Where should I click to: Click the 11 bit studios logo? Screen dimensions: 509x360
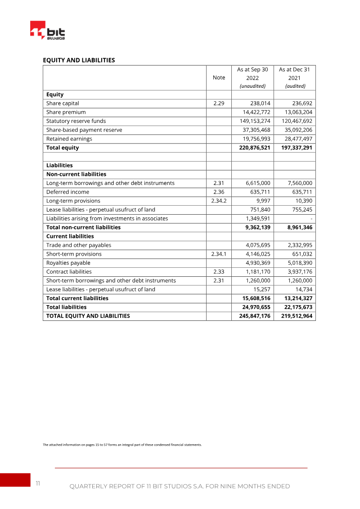(x=47, y=31)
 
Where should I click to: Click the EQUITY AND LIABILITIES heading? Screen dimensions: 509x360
(x=79, y=60)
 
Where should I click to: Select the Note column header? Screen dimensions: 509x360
(x=219, y=77)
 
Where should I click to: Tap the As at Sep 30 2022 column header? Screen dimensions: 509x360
(x=252, y=77)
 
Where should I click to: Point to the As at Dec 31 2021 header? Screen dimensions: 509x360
(x=294, y=77)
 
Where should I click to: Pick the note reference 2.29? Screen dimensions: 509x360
(x=219, y=103)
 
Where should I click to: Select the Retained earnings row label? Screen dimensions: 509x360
(x=69, y=139)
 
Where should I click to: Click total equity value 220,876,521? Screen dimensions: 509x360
(x=252, y=148)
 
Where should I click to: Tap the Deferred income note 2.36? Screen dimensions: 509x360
(x=219, y=192)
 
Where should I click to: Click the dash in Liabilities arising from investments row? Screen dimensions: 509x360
(x=311, y=219)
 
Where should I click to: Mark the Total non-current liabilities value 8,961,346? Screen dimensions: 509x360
(x=294, y=227)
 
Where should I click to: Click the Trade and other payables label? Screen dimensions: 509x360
(x=78, y=245)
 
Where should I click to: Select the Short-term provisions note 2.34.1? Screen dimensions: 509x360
(x=219, y=254)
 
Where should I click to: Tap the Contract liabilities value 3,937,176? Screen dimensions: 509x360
(x=296, y=272)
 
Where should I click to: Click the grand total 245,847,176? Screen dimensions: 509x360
(x=252, y=316)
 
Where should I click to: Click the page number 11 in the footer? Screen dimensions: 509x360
(x=38, y=483)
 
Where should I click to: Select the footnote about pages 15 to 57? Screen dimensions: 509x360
(x=122, y=445)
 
